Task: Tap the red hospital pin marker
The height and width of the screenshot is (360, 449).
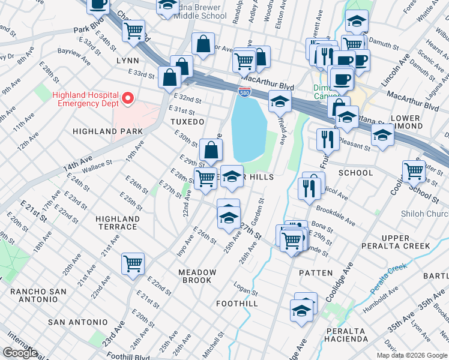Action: point(127,97)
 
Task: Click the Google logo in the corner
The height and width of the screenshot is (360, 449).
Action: point(20,353)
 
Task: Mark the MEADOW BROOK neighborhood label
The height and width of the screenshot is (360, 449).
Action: point(195,276)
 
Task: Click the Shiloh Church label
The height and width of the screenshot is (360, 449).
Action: point(424,214)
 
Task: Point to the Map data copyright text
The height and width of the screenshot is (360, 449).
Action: point(412,355)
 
